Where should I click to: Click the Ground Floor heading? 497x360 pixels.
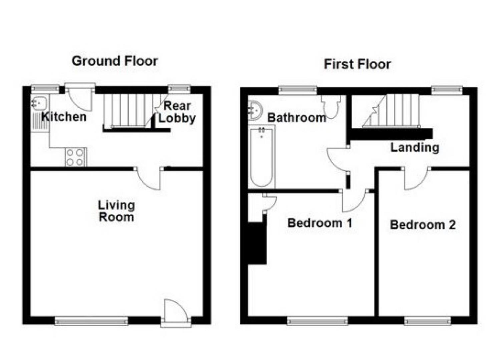(115, 61)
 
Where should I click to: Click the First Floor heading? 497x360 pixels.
(357, 64)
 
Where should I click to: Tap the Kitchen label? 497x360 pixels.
(64, 117)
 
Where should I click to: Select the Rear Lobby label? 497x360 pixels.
(177, 112)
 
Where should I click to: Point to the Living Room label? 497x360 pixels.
(116, 211)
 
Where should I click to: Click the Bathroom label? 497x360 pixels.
(296, 117)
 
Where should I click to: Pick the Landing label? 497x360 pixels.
(415, 147)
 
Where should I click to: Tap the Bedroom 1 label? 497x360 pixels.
(320, 223)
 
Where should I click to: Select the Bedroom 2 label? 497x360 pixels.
(423, 225)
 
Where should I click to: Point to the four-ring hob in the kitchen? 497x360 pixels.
(75, 157)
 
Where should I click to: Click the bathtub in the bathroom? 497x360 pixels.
(262, 157)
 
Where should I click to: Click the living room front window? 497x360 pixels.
(91, 321)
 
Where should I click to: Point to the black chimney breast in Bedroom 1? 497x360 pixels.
(257, 243)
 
